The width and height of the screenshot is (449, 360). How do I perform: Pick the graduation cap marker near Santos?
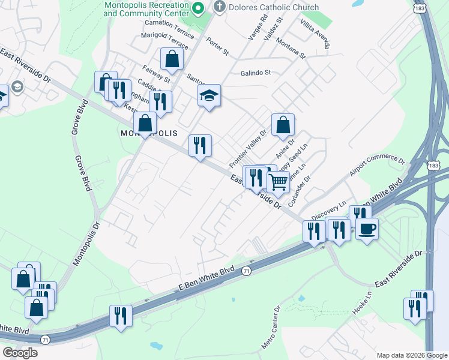tap(209, 95)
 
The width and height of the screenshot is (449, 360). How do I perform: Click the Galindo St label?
tap(256, 73)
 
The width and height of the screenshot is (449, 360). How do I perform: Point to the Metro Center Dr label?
tap(270, 328)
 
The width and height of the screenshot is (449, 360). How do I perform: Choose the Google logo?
tap(20, 352)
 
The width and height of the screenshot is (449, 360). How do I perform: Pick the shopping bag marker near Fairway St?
tap(172, 59)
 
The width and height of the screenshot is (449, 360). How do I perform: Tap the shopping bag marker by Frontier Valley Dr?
tap(283, 125)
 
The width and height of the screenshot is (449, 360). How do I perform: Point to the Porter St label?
tap(217, 47)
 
